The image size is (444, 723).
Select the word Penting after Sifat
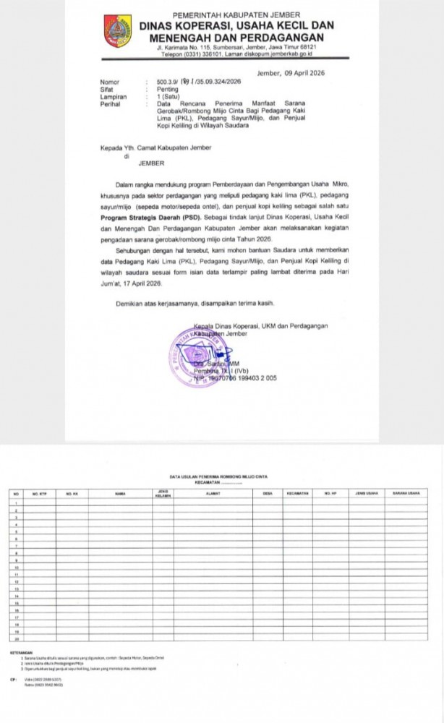(168, 90)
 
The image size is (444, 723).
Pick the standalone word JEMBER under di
(151, 163)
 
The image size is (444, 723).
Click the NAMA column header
(120, 493)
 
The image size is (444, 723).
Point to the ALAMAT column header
(213, 493)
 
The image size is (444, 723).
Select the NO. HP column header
(330, 493)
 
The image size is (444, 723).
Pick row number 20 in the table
(14, 638)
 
